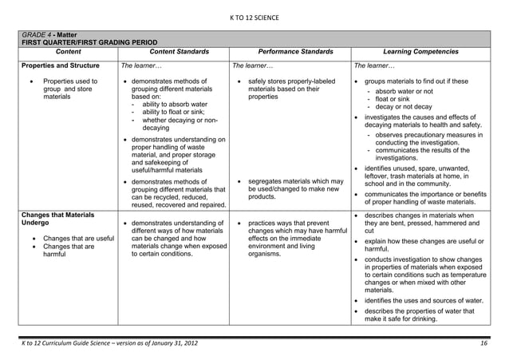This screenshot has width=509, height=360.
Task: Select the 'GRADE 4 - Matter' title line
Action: pyautogui.click(x=49, y=36)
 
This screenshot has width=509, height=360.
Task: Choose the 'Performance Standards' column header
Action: pyautogui.click(x=290, y=52)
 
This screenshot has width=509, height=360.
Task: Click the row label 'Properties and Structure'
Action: pyautogui.click(x=60, y=65)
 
